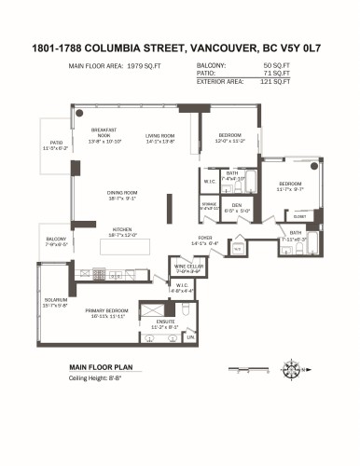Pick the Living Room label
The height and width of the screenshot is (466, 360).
[x=159, y=139]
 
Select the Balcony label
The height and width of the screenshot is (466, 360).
[x=56, y=241]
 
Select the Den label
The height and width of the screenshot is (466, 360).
[x=237, y=208]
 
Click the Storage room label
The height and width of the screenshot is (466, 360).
[x=211, y=206]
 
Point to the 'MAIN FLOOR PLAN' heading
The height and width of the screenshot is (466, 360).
[x=101, y=367]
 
